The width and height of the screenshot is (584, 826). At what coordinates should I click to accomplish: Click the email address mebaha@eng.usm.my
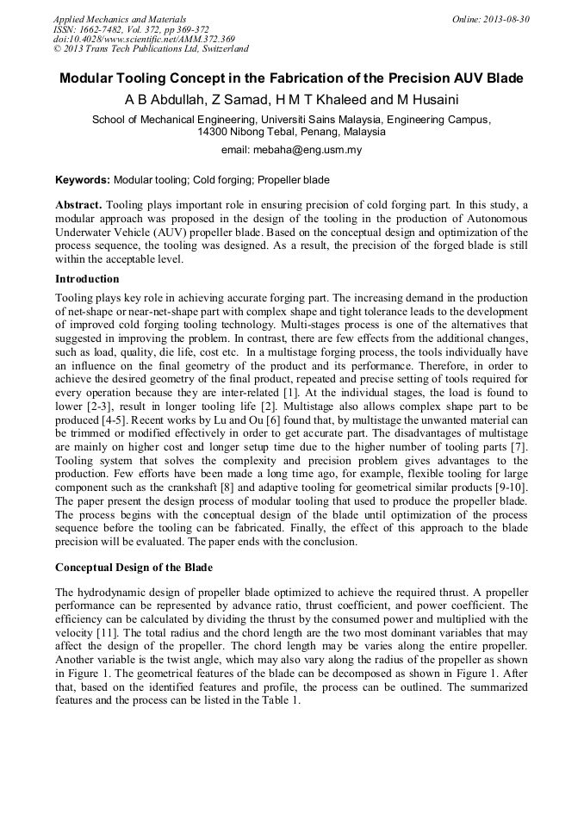(x=307, y=150)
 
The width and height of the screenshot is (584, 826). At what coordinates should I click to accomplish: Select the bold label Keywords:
(x=83, y=180)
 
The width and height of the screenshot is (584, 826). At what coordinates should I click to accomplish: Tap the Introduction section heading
(x=87, y=279)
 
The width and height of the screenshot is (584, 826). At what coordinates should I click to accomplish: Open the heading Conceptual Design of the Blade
(x=134, y=568)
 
